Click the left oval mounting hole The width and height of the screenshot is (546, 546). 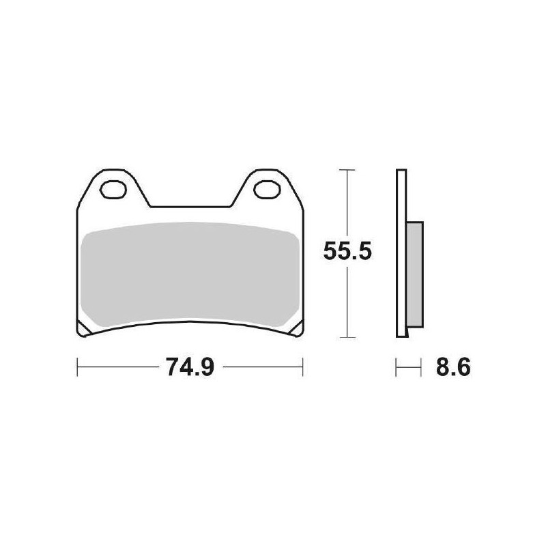click(x=113, y=186)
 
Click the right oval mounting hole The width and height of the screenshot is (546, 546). click(x=266, y=186)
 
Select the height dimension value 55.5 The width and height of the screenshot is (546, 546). click(x=347, y=253)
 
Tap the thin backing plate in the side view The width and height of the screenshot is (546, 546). click(x=401, y=253)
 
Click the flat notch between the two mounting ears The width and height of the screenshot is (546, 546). click(x=190, y=206)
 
